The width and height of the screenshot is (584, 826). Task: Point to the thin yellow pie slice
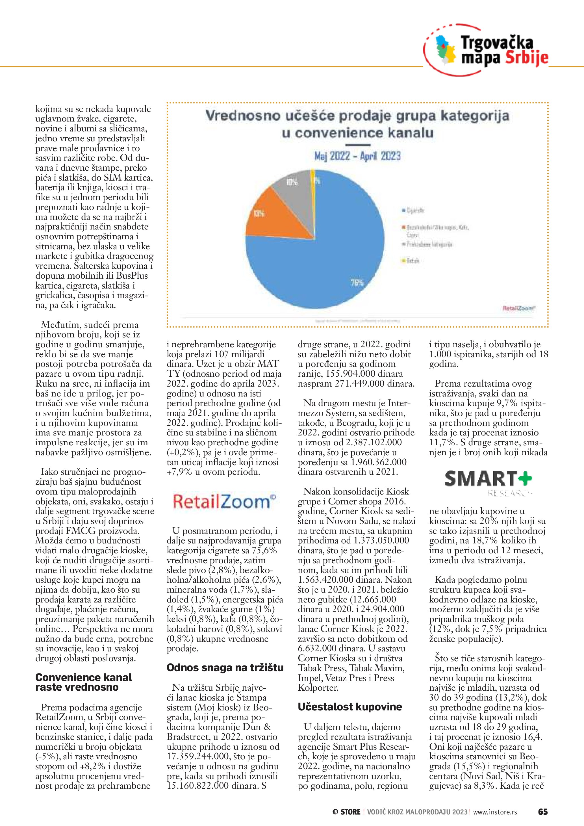[x=312, y=180]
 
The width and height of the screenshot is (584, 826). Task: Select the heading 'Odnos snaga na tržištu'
[x=225, y=668]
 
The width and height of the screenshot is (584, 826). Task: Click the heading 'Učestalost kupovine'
[x=349, y=706]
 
